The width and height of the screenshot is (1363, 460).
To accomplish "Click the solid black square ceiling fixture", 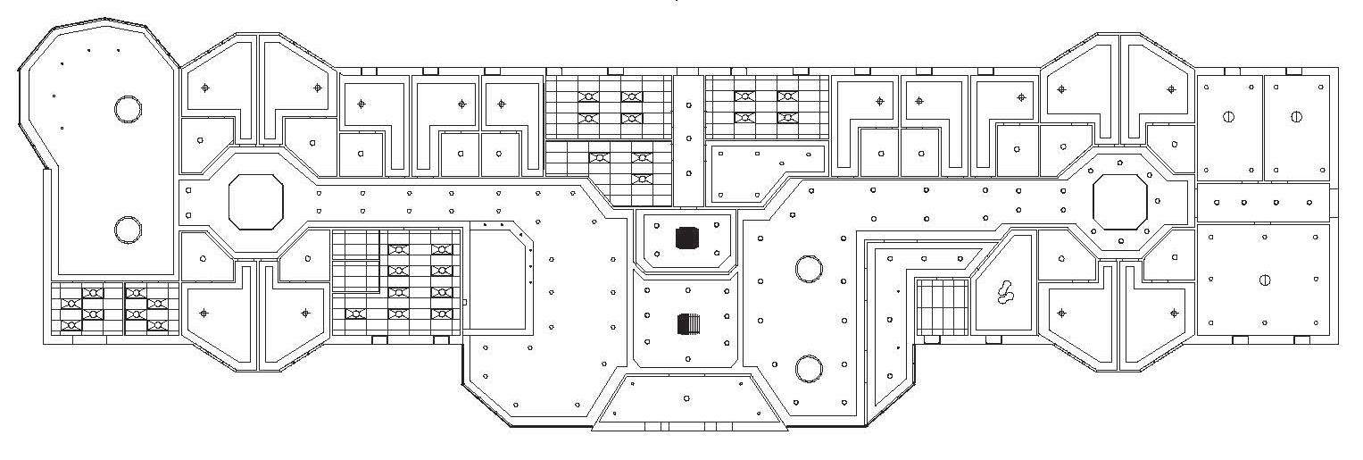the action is point(686,238).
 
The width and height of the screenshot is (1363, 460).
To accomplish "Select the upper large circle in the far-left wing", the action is point(128,109).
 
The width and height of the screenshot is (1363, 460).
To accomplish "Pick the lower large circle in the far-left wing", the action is point(128,230).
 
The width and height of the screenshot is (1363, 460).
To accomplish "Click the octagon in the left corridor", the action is point(256,203).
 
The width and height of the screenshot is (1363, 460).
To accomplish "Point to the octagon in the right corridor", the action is point(1119,201).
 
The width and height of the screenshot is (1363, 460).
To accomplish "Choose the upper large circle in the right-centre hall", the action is point(809,267).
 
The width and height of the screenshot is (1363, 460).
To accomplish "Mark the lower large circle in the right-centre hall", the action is point(809,366).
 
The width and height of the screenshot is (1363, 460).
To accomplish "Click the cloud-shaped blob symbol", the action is point(1006,291).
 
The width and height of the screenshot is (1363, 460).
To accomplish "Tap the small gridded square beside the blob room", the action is point(943,307).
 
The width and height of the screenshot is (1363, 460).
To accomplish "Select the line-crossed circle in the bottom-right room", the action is point(1265,280).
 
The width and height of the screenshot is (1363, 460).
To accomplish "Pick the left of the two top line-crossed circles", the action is point(1229,116).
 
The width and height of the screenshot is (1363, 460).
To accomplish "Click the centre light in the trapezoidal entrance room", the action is point(686,398).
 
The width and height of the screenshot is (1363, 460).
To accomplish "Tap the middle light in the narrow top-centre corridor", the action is point(688,138).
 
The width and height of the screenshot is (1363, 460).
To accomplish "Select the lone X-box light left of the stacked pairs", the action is point(354,314).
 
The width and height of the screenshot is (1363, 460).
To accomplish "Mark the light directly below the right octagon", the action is point(1121,239).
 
